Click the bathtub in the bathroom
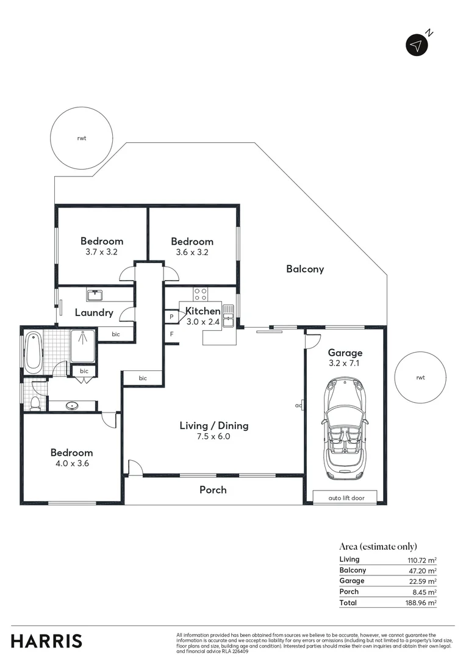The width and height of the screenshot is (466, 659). point(33,352)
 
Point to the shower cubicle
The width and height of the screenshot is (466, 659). point(82,346)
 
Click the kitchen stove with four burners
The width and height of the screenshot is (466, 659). point(200,293)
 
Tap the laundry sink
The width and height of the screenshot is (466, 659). point(95,296)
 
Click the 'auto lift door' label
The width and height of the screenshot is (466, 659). point(346,498)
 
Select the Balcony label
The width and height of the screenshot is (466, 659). point(305,269)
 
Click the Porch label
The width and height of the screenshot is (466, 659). point(213,490)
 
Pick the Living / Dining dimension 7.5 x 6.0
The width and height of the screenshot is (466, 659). point(213,436)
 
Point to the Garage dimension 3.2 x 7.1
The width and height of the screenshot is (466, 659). point(345,363)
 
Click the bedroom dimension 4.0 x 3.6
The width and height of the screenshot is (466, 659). point(71,463)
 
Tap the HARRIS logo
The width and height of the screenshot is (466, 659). point(46,641)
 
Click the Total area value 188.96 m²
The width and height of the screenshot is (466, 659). point(422,603)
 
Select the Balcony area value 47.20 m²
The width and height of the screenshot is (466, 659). point(422,571)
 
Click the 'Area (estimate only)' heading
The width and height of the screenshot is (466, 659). point(378,547)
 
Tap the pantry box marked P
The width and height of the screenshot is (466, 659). point(171,317)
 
